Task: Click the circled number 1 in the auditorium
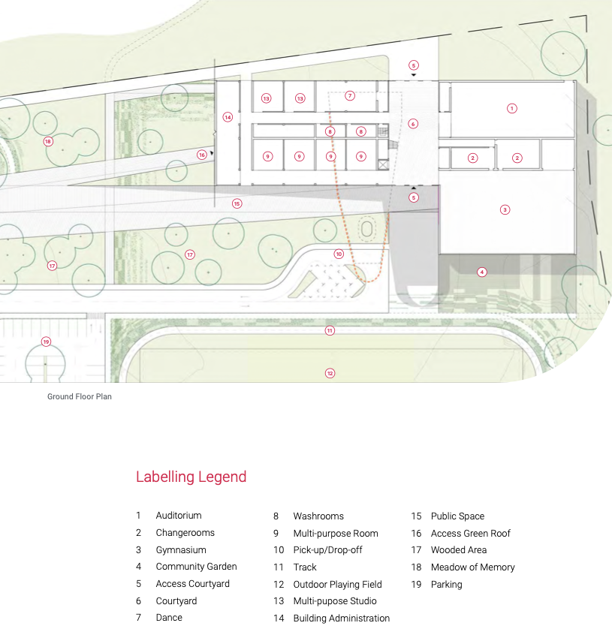tap(512, 108)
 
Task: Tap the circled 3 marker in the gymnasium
tap(505, 209)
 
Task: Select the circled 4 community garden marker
tap(481, 272)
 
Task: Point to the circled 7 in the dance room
tap(350, 96)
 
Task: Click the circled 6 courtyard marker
tap(413, 124)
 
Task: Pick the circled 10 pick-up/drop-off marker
tap(339, 254)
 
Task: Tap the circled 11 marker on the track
tap(330, 330)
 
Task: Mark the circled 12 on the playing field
tap(330, 373)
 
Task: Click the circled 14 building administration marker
tap(228, 117)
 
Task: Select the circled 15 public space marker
tap(237, 203)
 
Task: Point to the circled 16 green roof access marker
tap(202, 155)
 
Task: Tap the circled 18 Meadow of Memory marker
tap(48, 141)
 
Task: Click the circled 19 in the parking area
tap(46, 342)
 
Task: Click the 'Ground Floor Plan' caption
tap(80, 396)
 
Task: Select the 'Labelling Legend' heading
tap(191, 477)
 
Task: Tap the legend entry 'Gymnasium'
tap(181, 550)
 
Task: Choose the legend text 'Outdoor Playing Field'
tap(338, 585)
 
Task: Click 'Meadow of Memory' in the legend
tap(473, 567)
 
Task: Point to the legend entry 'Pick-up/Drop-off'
tap(328, 550)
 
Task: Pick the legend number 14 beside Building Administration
tap(279, 618)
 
